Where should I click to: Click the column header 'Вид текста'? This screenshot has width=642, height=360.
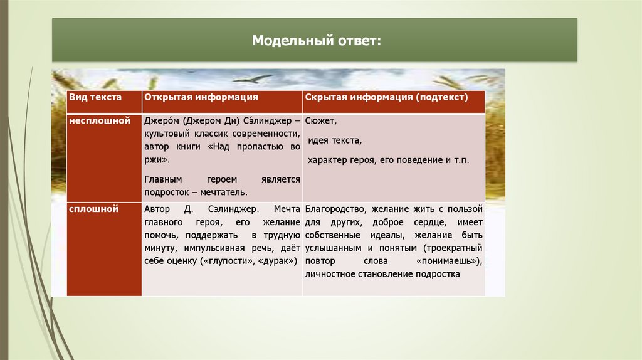click(95, 98)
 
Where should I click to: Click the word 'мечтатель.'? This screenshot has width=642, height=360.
click(227, 193)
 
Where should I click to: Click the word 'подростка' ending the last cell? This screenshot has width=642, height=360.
click(440, 274)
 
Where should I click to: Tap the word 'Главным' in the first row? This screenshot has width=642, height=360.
click(160, 179)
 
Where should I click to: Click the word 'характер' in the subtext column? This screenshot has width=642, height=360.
click(325, 161)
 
